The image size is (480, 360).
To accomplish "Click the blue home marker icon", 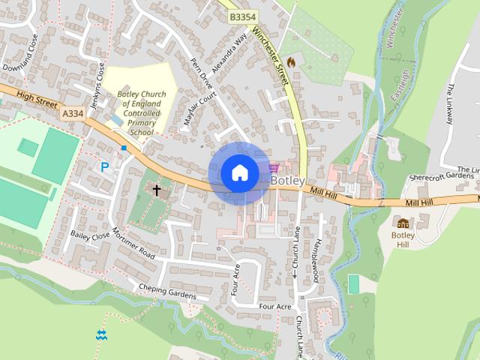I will (x=239, y=173).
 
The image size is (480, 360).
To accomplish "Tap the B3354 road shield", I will (x=241, y=16).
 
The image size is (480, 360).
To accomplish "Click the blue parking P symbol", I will (x=105, y=166).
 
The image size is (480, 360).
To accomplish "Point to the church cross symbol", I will (x=157, y=190).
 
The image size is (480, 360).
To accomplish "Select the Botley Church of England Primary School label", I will (x=136, y=113).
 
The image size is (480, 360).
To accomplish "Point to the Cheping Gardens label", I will (x=166, y=291).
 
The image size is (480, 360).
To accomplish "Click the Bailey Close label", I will (x=90, y=235).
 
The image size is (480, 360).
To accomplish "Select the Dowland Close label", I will (x=20, y=52).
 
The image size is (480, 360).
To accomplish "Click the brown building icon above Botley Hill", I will (x=403, y=222).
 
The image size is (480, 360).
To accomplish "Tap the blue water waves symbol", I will (x=101, y=334).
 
